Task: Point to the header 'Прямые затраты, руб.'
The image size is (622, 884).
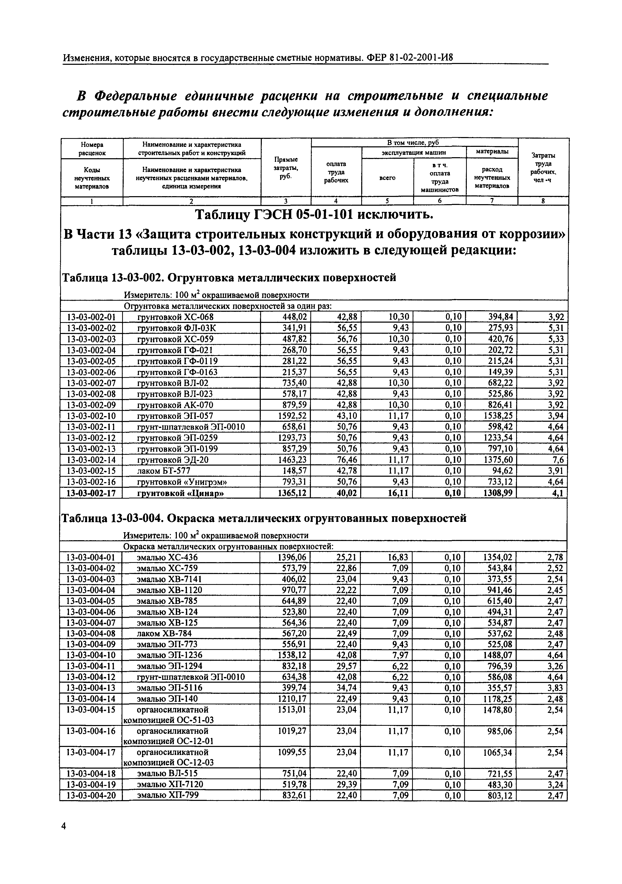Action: click(x=286, y=168)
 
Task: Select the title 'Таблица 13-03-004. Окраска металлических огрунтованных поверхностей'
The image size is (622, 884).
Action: click(x=264, y=518)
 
